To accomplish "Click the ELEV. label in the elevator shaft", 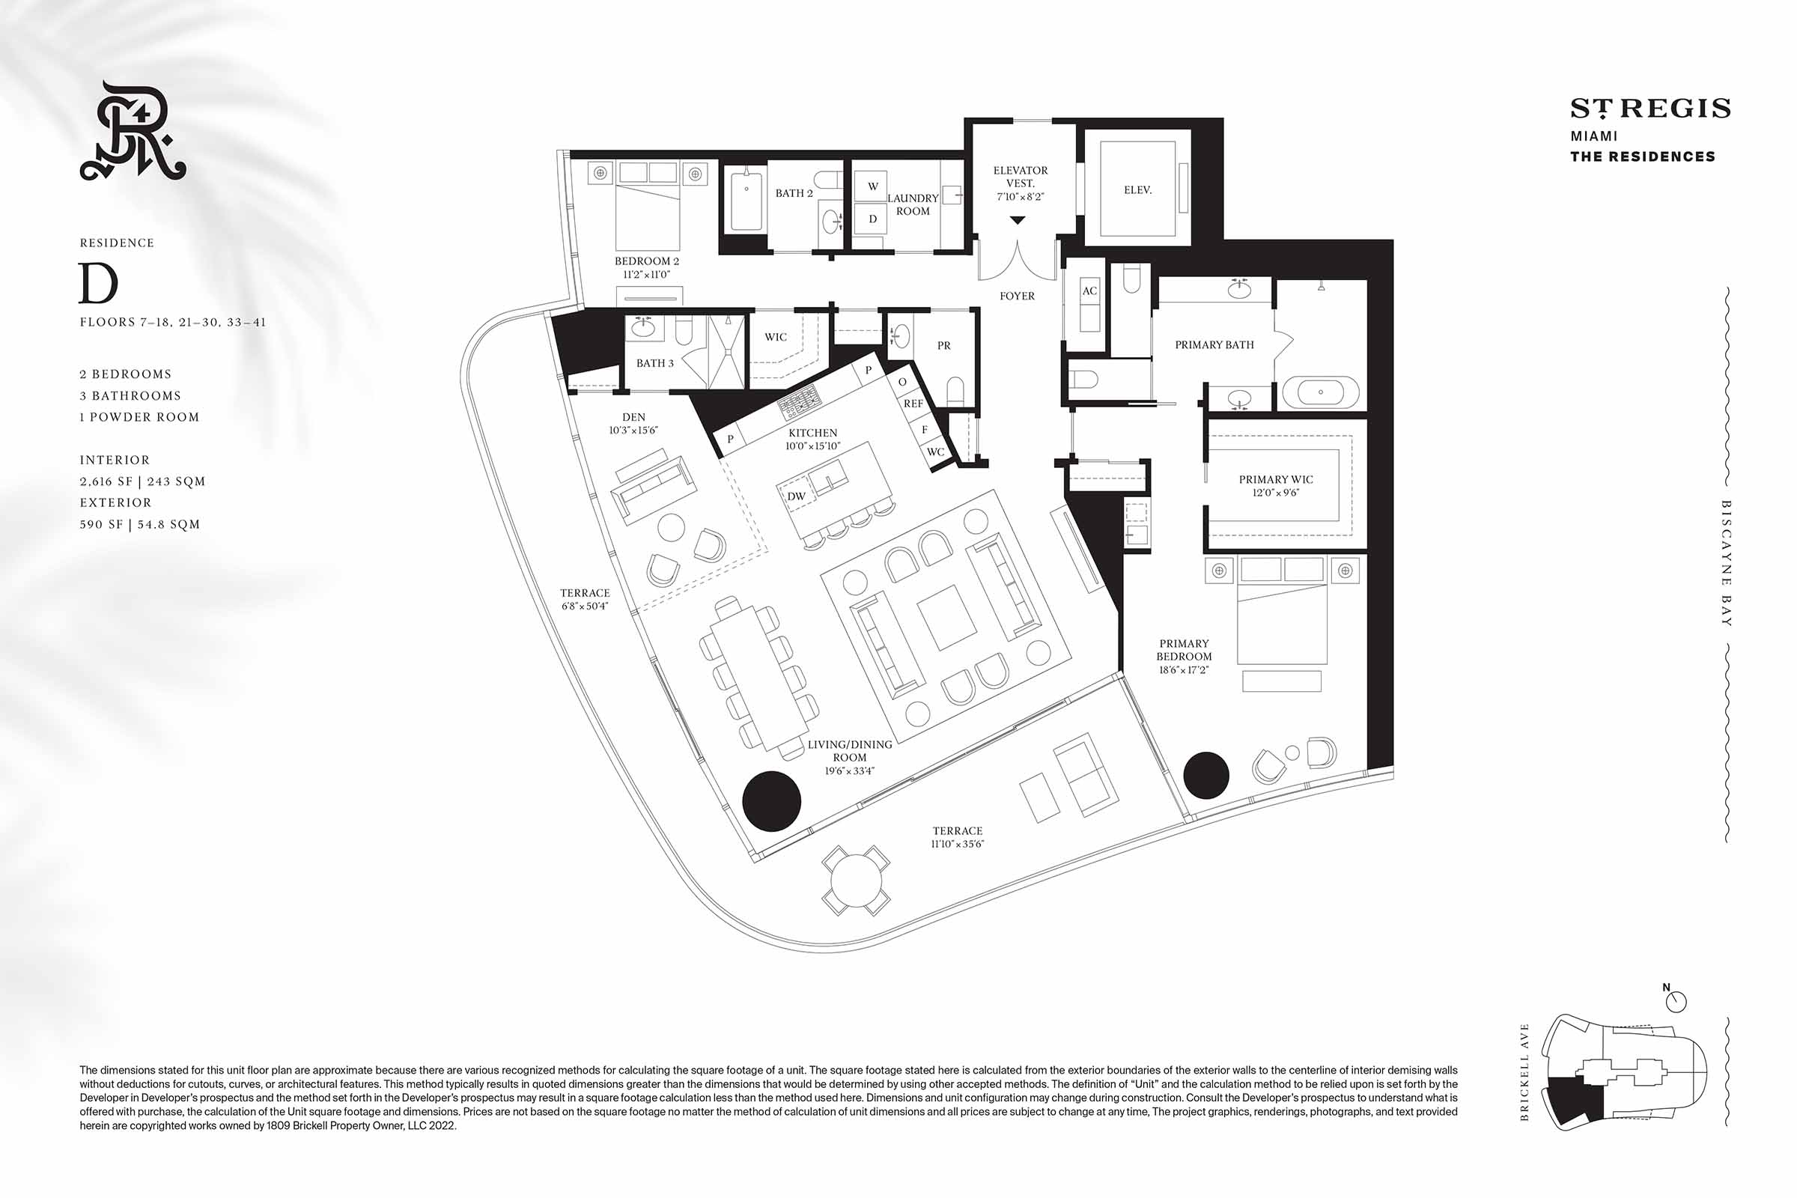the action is [1137, 189].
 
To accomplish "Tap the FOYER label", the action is [1017, 296].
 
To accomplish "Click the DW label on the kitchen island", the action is [796, 496].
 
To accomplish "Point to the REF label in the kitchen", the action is [913, 404].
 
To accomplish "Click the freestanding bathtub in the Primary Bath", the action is [1321, 392].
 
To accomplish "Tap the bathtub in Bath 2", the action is [746, 201].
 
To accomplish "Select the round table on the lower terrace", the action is [856, 881].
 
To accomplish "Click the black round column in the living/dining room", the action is [772, 800].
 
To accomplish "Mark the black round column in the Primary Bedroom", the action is [1205, 775].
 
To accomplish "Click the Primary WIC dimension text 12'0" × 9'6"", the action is [1275, 493].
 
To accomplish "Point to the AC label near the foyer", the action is [1089, 291].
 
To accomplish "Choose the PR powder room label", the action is [943, 345].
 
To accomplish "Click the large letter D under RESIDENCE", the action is [99, 284].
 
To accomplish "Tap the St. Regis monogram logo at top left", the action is [133, 130].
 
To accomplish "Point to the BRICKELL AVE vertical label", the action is [1524, 1072].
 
